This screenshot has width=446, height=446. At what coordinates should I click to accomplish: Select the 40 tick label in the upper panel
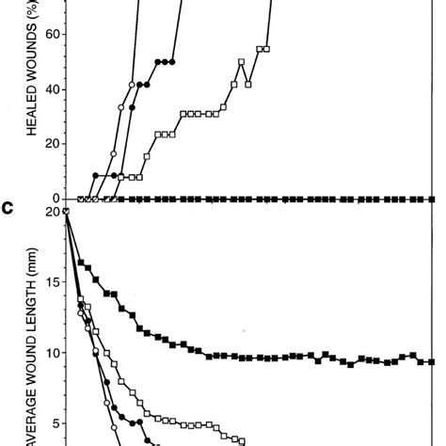point(45,89)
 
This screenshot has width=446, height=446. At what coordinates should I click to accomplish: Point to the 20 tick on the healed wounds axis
point(45,144)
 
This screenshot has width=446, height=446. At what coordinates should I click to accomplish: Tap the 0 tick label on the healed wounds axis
point(50,199)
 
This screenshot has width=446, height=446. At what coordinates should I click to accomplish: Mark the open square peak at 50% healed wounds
point(242,62)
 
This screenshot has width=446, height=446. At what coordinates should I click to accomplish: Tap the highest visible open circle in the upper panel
point(133,84)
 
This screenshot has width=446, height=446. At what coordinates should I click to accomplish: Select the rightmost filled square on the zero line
point(432,199)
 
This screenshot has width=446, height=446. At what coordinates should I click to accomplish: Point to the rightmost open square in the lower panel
point(243,440)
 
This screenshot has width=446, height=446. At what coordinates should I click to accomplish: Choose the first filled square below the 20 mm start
point(81,263)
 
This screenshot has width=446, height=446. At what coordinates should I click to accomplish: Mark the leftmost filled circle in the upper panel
point(95,175)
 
